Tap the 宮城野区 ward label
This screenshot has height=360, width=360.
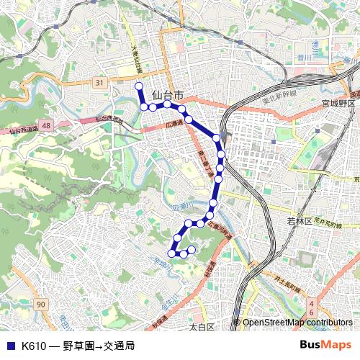pyautogui.click(x=339, y=104)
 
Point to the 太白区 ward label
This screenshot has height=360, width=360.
pyautogui.click(x=202, y=327)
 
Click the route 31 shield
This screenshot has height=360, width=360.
pyautogui.click(x=99, y=83)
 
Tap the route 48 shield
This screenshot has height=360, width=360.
pyautogui.click(x=47, y=125)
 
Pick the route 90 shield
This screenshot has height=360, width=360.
pyautogui.click(x=41, y=305)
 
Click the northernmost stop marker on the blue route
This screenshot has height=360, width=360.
pyautogui.click(x=139, y=86)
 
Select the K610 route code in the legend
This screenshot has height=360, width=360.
pyautogui.click(x=35, y=346)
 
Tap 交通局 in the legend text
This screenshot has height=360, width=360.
pyautogui.click(x=119, y=346)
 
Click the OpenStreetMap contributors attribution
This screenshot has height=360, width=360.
pyautogui.click(x=297, y=323)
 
